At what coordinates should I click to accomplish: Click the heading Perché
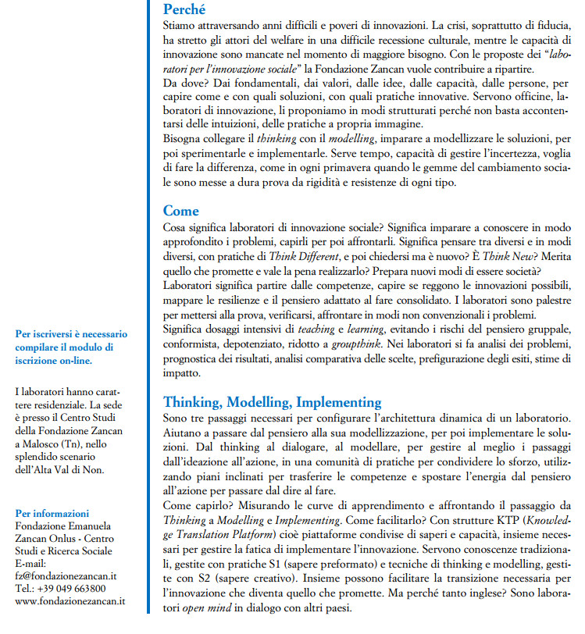point(184,10)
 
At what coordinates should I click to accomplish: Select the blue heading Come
point(180,211)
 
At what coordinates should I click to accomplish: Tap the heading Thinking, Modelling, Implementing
point(272,403)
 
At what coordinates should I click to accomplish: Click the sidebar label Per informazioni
point(52,513)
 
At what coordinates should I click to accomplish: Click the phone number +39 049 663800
point(71,588)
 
